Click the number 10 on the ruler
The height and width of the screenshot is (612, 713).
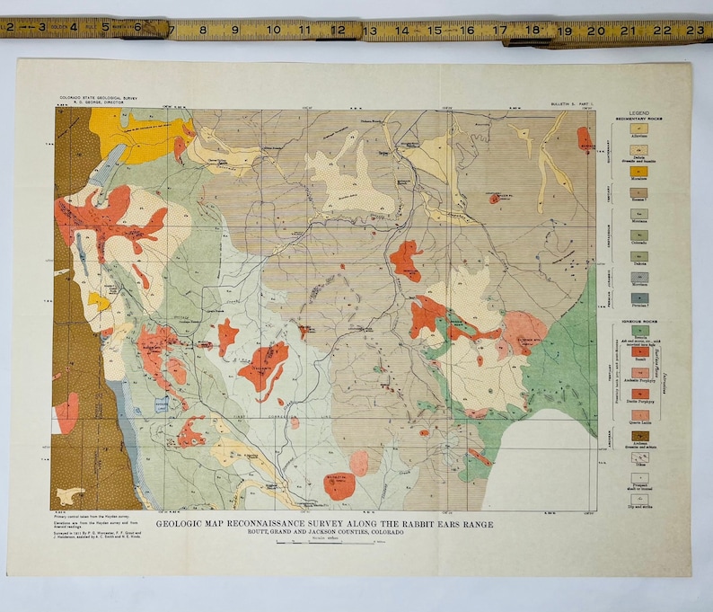273,31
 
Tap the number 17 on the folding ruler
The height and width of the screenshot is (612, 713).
499,31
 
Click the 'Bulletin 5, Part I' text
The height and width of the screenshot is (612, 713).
572,105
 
